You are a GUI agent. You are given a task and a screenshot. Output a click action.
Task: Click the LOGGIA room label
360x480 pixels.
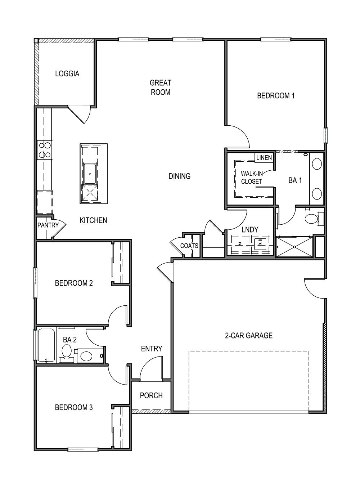click(67, 74)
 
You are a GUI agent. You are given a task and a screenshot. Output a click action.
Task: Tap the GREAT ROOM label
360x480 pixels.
click(161, 88)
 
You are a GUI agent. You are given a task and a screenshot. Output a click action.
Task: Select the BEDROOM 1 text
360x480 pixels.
click(276, 96)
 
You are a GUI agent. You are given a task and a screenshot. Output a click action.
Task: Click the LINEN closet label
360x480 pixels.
click(264, 158)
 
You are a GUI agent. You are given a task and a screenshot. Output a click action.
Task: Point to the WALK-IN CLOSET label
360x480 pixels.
click(252, 178)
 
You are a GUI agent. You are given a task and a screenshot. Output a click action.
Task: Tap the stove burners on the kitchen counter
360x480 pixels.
click(44, 150)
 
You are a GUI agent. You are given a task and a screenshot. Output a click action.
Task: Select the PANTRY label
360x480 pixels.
click(48, 225)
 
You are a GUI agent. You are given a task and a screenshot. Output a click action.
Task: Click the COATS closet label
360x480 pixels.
click(189, 246)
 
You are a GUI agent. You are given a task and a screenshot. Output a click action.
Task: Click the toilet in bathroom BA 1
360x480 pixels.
click(311, 219)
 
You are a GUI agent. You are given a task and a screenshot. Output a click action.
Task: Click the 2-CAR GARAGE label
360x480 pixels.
click(249, 336)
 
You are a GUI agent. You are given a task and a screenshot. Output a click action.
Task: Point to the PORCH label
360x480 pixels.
click(151, 395)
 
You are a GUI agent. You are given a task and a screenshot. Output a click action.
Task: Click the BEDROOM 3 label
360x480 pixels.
click(74, 407)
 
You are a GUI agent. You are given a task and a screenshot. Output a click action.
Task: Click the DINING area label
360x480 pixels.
click(180, 176)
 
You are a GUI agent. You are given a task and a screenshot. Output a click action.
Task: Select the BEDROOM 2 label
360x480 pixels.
click(74, 283)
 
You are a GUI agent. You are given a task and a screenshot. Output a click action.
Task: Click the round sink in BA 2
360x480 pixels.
click(67, 350)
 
